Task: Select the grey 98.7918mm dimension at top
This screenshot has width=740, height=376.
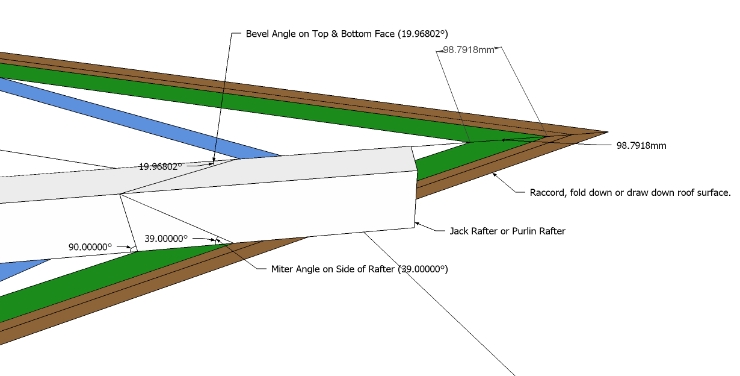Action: (x=469, y=50)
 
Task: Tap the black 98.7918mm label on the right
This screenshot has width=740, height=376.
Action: (x=641, y=146)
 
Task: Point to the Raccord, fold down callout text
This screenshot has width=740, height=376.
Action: (x=629, y=193)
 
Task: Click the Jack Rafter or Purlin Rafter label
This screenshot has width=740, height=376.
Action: (x=507, y=231)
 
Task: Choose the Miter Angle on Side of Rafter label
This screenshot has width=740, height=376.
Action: (x=360, y=269)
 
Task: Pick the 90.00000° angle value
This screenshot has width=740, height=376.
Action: (x=90, y=247)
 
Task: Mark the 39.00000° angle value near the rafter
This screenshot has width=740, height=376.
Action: (x=166, y=239)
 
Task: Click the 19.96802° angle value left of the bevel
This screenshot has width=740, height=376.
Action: (x=160, y=167)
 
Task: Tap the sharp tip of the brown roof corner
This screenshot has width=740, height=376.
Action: (x=606, y=132)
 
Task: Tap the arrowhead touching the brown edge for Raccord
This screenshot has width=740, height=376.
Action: (x=495, y=175)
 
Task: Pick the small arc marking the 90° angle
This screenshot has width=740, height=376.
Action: (x=134, y=249)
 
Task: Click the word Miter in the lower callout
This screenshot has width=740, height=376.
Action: (x=283, y=269)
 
